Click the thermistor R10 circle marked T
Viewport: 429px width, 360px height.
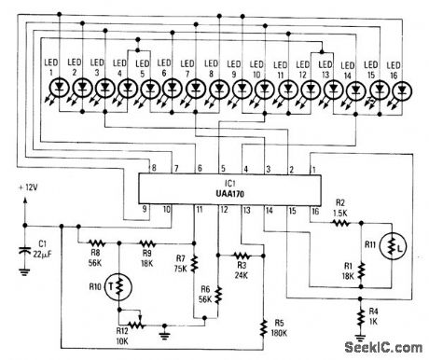tap(114, 284)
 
